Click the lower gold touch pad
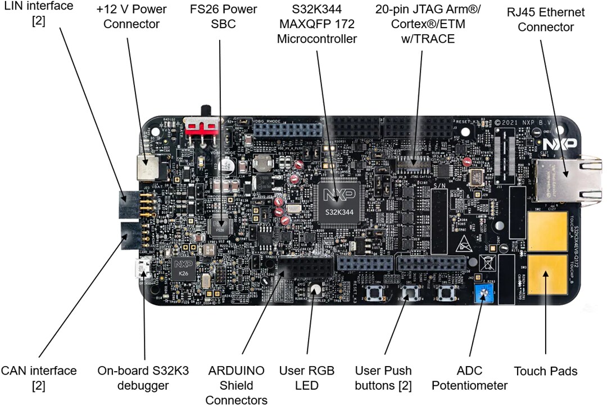[547, 277]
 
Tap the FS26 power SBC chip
[220, 228]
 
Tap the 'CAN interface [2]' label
[38, 378]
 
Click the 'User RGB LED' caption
[307, 378]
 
